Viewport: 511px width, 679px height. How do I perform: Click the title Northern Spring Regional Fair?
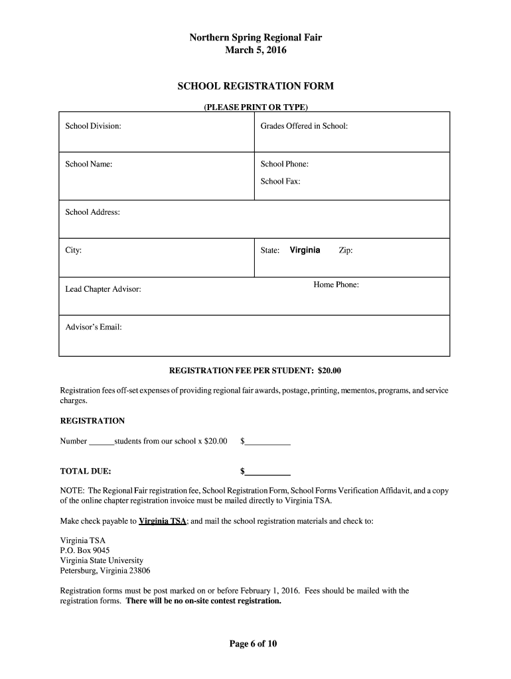256,38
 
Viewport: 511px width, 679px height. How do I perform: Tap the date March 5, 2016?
256,50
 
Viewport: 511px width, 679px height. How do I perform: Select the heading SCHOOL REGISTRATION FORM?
256,86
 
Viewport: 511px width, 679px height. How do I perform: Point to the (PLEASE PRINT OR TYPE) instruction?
256,107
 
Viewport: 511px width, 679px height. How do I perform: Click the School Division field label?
93,126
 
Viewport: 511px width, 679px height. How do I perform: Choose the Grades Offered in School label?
304,126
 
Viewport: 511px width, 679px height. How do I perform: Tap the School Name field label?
88,164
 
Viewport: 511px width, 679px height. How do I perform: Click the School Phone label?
284,164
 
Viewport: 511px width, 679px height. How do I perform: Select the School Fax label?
280,180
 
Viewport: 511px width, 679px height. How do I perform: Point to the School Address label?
92,212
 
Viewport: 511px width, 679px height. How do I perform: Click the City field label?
73,251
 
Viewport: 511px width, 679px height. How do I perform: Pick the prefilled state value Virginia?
305,250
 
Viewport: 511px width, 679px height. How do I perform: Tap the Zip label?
346,251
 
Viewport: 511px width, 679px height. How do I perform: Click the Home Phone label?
336,285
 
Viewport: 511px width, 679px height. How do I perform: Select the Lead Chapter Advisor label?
103,290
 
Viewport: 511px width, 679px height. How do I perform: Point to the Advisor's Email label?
93,327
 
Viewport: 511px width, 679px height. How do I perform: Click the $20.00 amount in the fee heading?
329,370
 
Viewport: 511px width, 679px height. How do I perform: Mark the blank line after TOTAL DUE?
268,473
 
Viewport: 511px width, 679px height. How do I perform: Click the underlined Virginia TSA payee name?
163,521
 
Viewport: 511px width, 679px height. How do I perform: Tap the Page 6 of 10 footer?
256,643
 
